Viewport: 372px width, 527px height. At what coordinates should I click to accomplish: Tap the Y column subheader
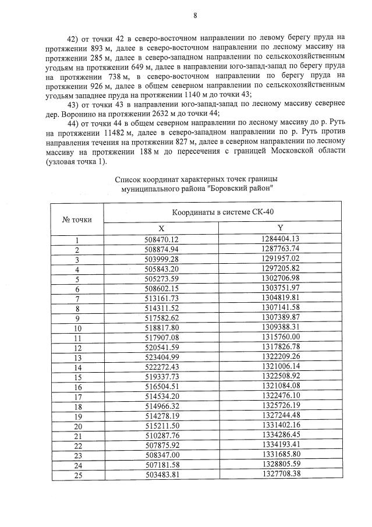280,228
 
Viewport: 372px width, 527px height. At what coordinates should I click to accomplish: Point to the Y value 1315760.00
280,337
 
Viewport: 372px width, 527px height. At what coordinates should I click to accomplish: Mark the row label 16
77,387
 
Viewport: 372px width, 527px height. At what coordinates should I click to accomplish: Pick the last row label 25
77,475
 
